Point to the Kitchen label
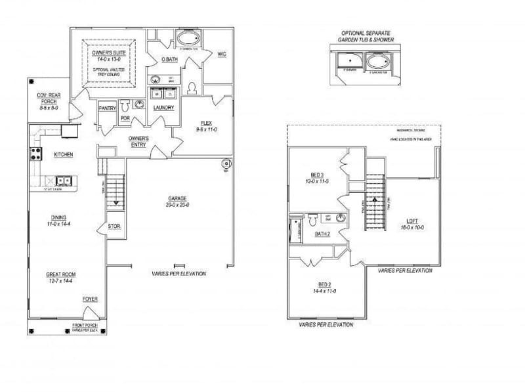coord(63,155)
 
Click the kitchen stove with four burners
coord(35,155)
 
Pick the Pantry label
coord(107,108)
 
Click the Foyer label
coord(90,299)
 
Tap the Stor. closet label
coord(113,227)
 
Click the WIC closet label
coord(221,53)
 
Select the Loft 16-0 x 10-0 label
coord(412,224)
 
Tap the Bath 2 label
coord(322,234)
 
